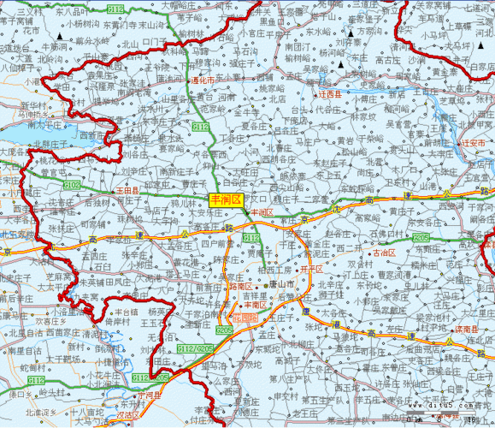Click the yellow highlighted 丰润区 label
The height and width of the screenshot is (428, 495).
[x=227, y=199]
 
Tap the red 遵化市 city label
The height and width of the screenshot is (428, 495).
[x=203, y=80]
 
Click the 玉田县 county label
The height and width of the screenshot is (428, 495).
[x=127, y=189]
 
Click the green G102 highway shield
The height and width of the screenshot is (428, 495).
[x=73, y=185]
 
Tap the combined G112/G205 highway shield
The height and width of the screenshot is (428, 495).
[x=195, y=349]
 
